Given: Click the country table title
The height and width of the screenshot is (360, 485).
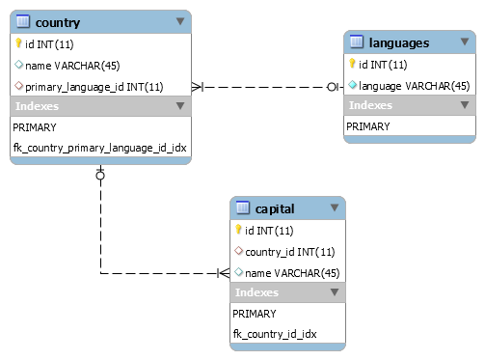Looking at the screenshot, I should [x=58, y=22].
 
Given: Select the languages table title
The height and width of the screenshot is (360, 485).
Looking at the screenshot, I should [x=398, y=43].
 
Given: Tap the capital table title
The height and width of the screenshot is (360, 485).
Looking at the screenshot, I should [x=275, y=208].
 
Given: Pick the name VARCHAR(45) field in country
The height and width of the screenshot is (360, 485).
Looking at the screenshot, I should [x=66, y=65].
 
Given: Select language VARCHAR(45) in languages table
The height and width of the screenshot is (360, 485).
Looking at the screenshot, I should [x=414, y=86].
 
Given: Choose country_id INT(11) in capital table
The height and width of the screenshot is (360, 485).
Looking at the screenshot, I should [x=284, y=251].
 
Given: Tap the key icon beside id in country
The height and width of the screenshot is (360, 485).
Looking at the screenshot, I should [x=18, y=43].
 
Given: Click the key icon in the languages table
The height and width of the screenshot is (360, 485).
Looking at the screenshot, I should [x=353, y=65].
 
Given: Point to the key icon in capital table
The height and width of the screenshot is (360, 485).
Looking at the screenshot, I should [x=238, y=230].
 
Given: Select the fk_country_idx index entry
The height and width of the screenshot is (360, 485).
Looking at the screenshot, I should [x=274, y=334].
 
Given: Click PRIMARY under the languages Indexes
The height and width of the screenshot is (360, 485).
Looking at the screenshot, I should [x=368, y=126].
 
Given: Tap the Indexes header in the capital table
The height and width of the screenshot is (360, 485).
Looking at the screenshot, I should [x=257, y=292].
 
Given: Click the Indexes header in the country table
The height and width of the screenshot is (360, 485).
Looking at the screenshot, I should [x=38, y=106].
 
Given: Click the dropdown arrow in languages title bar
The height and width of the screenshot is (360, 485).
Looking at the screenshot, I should [x=464, y=42].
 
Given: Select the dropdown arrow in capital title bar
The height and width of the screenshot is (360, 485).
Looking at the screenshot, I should [x=334, y=208].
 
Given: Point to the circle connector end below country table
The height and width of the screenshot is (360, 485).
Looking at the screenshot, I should [x=100, y=175].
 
